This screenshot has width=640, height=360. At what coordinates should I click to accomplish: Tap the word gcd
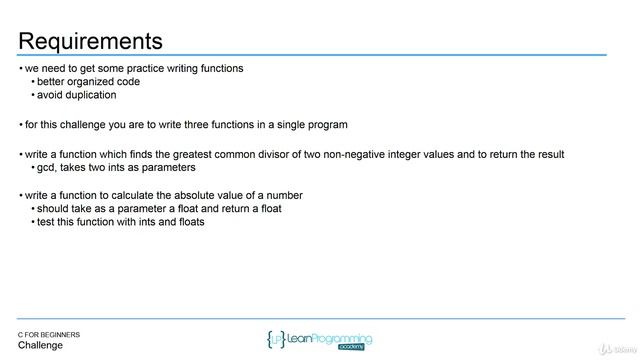click(46, 167)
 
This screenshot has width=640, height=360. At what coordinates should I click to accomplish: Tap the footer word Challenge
click(40, 345)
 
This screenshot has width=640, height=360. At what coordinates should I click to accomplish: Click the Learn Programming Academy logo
click(320, 340)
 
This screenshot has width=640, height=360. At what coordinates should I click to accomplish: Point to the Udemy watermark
click(612, 348)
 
